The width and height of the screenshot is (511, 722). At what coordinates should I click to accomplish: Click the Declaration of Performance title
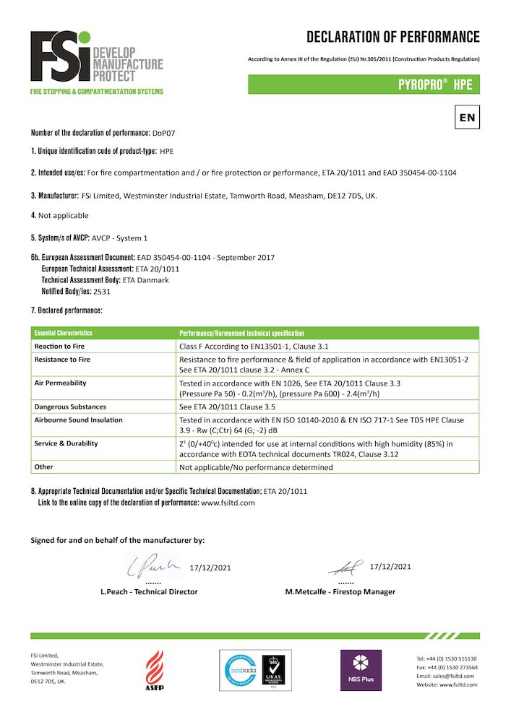392,37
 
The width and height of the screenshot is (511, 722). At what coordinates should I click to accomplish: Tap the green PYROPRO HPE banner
364,84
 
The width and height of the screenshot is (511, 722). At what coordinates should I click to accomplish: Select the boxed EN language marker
467,117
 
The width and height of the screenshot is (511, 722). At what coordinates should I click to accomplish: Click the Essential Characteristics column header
63,334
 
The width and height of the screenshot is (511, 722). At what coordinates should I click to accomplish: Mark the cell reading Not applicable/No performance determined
256,467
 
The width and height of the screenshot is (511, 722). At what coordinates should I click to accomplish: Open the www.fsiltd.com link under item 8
228,503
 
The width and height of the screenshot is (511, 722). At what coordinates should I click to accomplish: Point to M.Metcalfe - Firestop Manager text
340,592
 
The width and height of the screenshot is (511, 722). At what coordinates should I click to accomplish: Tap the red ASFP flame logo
155,668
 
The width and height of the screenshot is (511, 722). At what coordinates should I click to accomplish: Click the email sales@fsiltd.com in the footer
447,676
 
